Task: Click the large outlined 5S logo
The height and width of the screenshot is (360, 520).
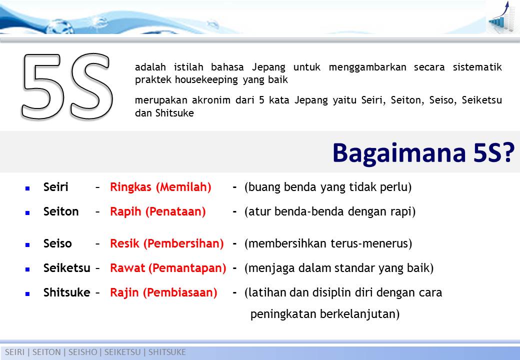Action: pyautogui.click(x=66, y=86)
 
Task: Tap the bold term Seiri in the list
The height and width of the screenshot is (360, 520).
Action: pyautogui.click(x=56, y=187)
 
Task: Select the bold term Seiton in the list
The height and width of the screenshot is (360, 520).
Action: pyautogui.click(x=61, y=211)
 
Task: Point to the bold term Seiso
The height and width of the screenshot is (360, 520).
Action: pyautogui.click(x=57, y=244)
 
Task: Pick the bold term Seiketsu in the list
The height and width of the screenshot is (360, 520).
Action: pyautogui.click(x=66, y=268)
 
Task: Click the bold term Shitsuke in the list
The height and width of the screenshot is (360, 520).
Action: pyautogui.click(x=66, y=292)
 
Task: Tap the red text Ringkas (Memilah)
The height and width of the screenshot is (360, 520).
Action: pyautogui.click(x=160, y=187)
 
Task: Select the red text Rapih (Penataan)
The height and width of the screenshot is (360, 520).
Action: pyautogui.click(x=157, y=211)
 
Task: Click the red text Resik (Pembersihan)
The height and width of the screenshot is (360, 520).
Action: pyautogui.click(x=166, y=244)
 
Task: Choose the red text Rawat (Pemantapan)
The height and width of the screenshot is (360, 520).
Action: pyautogui.click(x=168, y=268)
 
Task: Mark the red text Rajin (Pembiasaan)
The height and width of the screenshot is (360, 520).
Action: pyautogui.click(x=163, y=292)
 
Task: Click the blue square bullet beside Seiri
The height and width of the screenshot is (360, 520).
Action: pyautogui.click(x=28, y=188)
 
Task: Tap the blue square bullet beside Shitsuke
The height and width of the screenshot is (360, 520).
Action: pyautogui.click(x=28, y=293)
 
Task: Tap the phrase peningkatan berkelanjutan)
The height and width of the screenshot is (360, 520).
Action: pyautogui.click(x=324, y=314)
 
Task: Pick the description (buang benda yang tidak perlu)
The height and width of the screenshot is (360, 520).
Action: pyautogui.click(x=327, y=187)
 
